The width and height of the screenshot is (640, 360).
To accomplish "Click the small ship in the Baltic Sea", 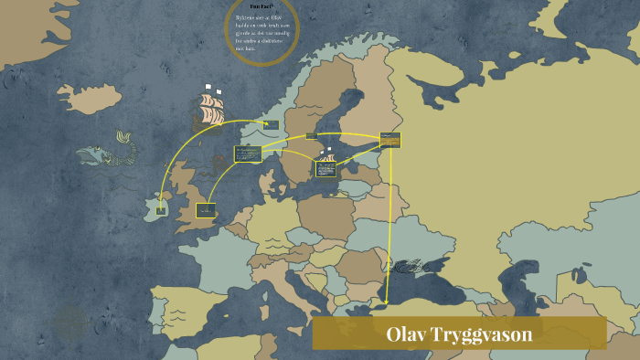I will tap(326, 154).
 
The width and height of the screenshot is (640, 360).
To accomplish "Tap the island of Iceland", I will tap(90, 97).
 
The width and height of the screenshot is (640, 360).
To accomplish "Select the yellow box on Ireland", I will tap(161, 211).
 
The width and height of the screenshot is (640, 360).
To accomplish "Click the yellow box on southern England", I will tap(205, 210).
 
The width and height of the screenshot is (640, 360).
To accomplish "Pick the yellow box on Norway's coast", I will tap(271, 124).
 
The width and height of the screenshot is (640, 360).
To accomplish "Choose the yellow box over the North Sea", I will tap(247, 154).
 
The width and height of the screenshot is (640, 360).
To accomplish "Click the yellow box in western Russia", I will tap(390, 140).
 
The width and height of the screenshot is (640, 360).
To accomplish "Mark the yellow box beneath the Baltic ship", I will tap(325, 169).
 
